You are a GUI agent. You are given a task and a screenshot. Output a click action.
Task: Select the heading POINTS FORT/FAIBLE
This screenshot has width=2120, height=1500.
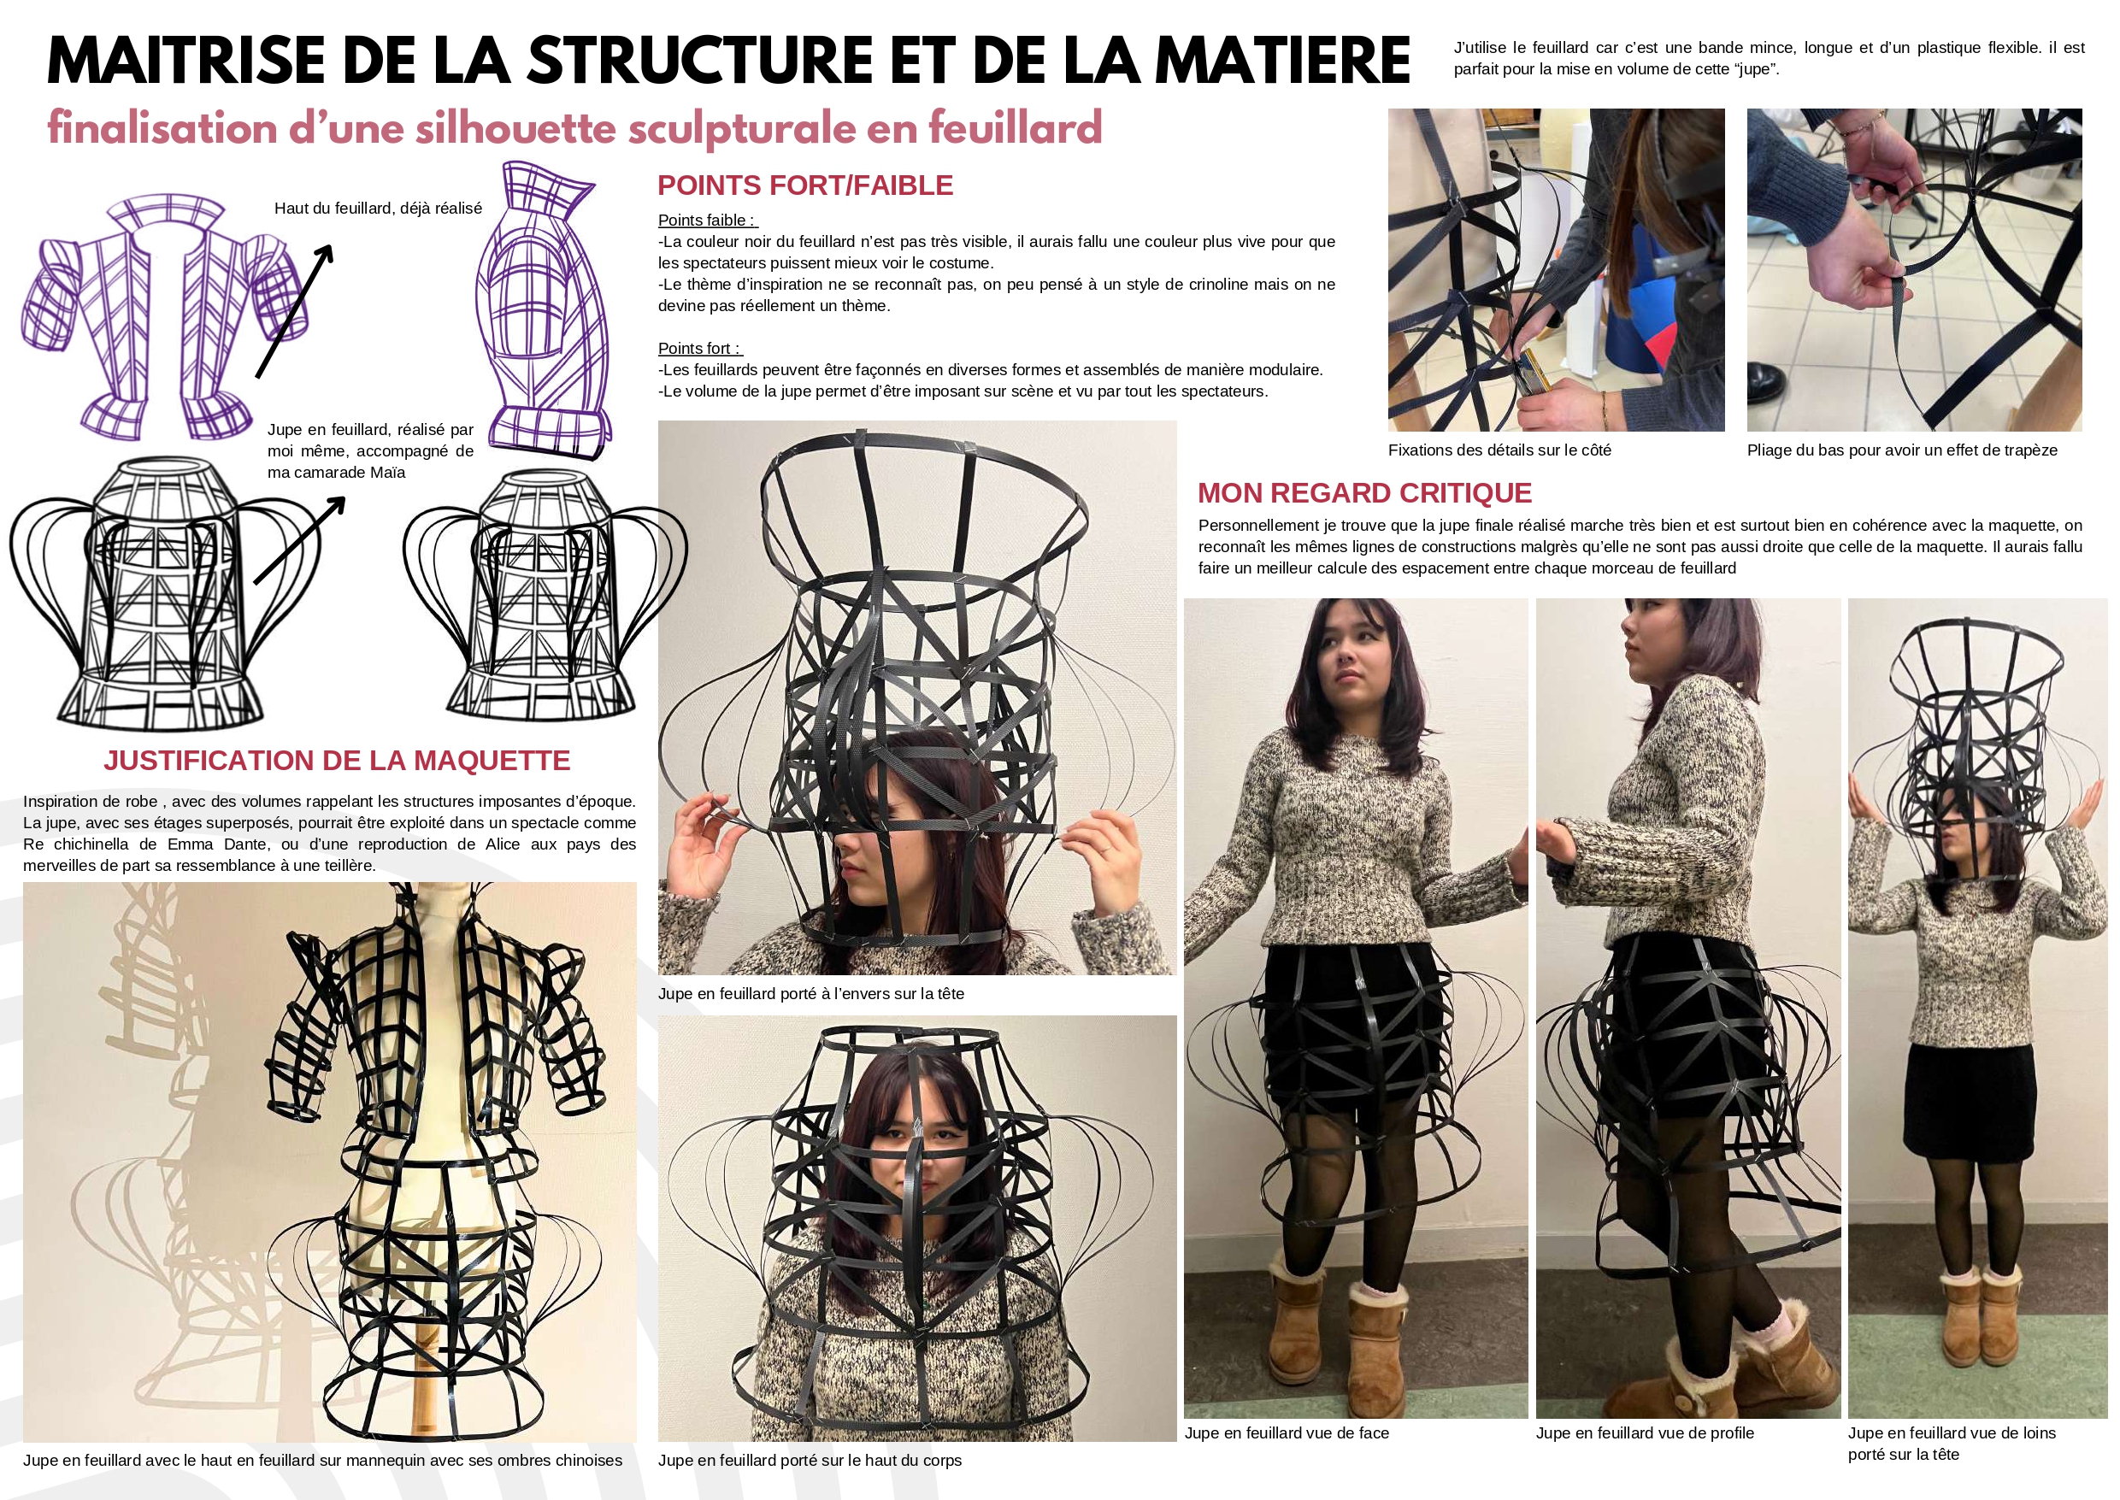pyautogui.click(x=804, y=185)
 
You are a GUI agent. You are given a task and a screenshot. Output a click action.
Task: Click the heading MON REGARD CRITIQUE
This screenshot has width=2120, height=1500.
pyautogui.click(x=1364, y=493)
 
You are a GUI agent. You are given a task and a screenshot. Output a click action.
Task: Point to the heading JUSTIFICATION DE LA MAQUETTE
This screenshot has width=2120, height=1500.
pyautogui.click(x=337, y=760)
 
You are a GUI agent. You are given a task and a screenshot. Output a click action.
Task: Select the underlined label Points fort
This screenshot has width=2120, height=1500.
pyautogui.click(x=699, y=348)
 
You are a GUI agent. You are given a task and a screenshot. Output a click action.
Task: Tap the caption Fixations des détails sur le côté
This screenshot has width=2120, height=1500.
pyautogui.click(x=1499, y=450)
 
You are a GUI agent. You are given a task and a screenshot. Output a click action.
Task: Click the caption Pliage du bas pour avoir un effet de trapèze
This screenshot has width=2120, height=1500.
pyautogui.click(x=1902, y=450)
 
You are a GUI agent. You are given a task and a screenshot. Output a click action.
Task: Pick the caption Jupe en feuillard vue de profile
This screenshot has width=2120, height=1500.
pyautogui.click(x=1644, y=1432)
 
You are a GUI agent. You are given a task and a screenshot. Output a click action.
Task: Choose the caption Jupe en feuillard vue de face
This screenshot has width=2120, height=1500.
pyautogui.click(x=1287, y=1432)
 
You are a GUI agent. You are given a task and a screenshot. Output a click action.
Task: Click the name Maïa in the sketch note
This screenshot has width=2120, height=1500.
pyautogui.click(x=387, y=472)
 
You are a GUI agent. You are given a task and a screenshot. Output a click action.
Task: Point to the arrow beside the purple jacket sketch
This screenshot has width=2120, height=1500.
pyautogui.click(x=294, y=311)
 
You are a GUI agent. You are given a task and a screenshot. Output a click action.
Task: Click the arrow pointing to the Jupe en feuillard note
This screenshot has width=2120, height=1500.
pyautogui.click(x=299, y=540)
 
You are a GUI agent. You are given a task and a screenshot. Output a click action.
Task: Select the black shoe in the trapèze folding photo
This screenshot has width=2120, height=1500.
pyautogui.click(x=1764, y=379)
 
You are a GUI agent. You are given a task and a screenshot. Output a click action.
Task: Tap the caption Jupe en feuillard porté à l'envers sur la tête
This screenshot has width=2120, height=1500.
pyautogui.click(x=811, y=994)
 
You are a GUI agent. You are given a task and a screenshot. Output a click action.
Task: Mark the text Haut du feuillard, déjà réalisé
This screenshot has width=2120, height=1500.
pyautogui.click(x=378, y=209)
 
